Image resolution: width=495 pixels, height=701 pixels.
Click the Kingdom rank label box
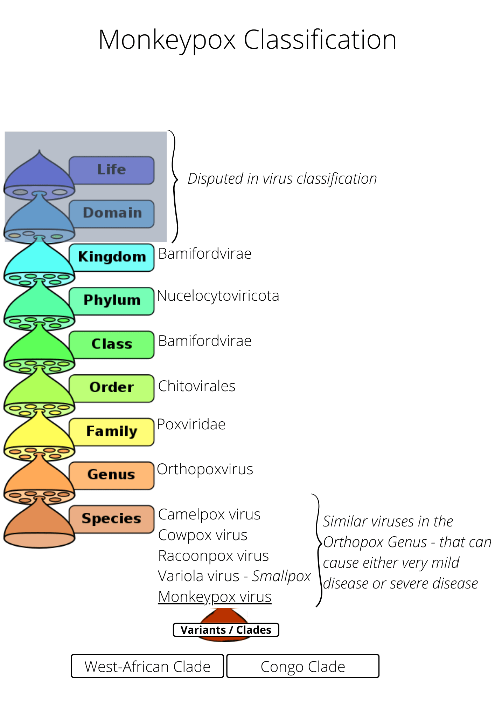pyautogui.click(x=112, y=257)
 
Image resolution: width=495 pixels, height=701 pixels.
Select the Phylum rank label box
pyautogui.click(x=112, y=301)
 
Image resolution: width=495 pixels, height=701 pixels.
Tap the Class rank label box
pyautogui.click(x=112, y=344)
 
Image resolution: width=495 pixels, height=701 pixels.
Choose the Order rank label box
pyautogui.click(x=112, y=388)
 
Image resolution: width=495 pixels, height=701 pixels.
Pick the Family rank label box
pyautogui.click(x=112, y=431)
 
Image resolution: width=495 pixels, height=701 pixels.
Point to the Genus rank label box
pyautogui.click(x=112, y=475)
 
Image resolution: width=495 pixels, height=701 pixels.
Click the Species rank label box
pyautogui.click(x=112, y=519)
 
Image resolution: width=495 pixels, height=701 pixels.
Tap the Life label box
pyautogui.click(x=112, y=170)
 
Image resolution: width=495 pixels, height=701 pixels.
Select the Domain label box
pyautogui.click(x=112, y=213)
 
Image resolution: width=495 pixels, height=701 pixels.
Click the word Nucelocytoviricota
pyautogui.click(x=218, y=296)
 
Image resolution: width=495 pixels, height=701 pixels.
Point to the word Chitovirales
pyautogui.click(x=197, y=386)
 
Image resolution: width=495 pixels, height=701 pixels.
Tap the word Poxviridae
pyautogui.click(x=191, y=424)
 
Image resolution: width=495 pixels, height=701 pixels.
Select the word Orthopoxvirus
pyautogui.click(x=205, y=469)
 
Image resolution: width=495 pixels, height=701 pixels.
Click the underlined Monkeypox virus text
pyautogui.click(x=215, y=597)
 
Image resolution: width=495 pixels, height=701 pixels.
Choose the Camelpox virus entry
pyautogui.click(x=209, y=515)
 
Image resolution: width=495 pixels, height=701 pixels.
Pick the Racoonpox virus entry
pyautogui.click(x=213, y=556)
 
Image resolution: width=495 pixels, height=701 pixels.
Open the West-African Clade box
pyautogui.click(x=147, y=666)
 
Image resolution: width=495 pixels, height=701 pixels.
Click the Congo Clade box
pyautogui.click(x=303, y=666)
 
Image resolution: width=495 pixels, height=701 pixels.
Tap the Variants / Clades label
pyautogui.click(x=226, y=630)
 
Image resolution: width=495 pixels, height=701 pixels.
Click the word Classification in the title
pyautogui.click(x=320, y=40)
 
